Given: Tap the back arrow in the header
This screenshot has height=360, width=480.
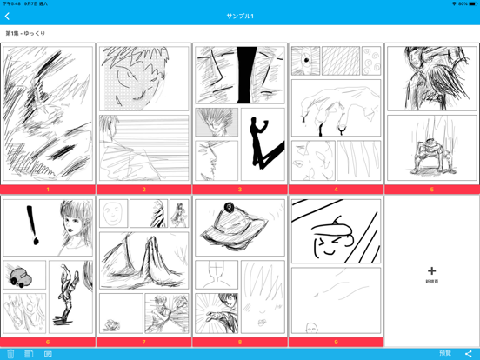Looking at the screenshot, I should (8, 17).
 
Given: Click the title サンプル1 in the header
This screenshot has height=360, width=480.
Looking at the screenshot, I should (240, 17).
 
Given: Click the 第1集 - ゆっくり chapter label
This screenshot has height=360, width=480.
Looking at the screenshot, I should (26, 34).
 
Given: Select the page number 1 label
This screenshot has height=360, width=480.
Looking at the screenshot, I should (48, 190).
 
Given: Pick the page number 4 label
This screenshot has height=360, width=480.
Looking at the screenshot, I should (336, 190).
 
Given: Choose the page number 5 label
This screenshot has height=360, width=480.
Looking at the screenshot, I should (431, 190).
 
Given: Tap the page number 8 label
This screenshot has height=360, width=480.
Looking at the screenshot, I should (240, 343).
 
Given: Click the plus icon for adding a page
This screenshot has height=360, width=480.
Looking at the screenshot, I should (431, 271).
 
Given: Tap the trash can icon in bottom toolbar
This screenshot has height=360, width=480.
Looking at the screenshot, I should (10, 354).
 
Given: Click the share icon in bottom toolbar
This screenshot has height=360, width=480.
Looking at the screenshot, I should (469, 354).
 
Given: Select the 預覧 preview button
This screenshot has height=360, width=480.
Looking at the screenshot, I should (445, 354).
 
